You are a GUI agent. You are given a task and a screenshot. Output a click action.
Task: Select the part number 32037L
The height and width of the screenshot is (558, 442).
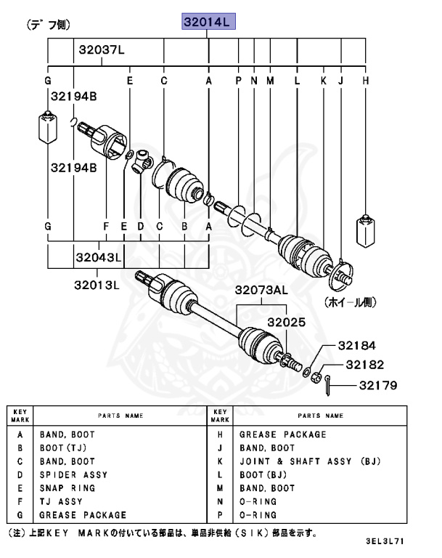tap(102, 50)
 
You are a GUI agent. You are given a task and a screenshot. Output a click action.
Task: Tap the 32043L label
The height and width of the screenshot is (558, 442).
tap(98, 258)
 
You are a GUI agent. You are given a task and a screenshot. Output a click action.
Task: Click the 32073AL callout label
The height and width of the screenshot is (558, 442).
tap(260, 291)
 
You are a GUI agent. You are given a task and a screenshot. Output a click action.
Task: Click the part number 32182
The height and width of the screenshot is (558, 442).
tap(364, 365)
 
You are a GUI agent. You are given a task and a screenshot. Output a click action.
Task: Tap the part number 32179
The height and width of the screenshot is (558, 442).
tap(376, 385)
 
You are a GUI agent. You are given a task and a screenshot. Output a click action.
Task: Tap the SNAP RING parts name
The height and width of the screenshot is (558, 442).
tap(67, 488)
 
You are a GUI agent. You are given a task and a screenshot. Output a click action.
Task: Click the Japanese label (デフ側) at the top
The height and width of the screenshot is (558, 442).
tap(49, 24)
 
